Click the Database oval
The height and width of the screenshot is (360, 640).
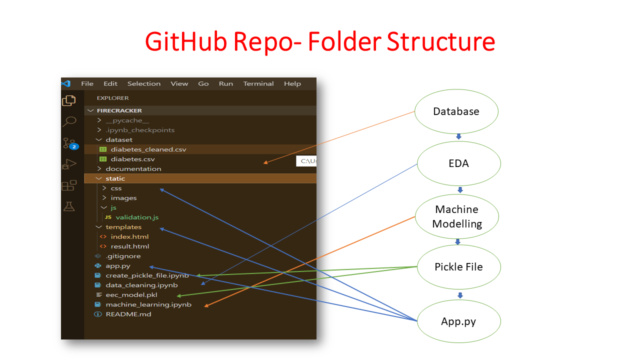[456, 111]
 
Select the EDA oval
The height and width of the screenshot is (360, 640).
[458, 163]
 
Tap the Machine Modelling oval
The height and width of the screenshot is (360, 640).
[457, 216]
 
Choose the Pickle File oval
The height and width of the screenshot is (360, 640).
[458, 267]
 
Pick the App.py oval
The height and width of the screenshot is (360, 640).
[458, 321]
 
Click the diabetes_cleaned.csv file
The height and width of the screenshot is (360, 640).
[148, 149]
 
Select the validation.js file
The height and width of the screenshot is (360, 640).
[137, 217]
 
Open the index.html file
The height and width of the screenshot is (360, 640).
[129, 236]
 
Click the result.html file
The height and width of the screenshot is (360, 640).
[130, 246]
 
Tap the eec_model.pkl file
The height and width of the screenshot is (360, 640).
[131, 295]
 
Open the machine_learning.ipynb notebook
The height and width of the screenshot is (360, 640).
[148, 304]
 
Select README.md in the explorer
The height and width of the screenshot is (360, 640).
[128, 314]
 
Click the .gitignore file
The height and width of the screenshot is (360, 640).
[123, 256]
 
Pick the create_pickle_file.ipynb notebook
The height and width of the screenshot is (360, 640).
[147, 275]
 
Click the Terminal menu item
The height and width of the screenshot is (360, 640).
[258, 84]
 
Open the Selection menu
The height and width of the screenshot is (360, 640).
[143, 84]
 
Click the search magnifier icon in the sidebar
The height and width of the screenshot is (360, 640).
[69, 121]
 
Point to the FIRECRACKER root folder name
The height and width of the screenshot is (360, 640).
[119, 110]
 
